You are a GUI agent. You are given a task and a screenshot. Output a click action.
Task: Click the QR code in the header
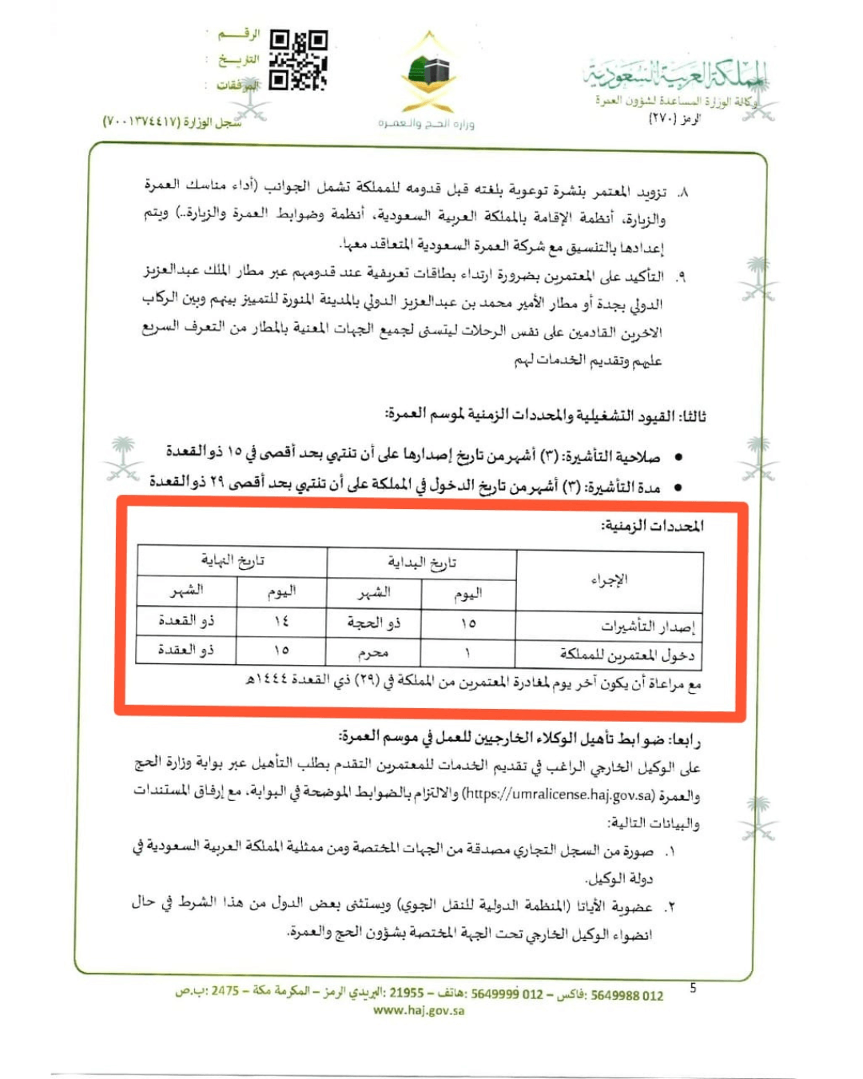click(298, 60)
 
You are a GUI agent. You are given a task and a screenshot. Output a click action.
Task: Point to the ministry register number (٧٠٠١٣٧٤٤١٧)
click(172, 121)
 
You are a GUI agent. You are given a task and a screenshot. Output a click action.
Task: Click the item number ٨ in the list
click(682, 193)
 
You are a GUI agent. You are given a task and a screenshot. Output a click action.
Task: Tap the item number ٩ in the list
click(681, 277)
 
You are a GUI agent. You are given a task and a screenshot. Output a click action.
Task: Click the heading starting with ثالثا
click(546, 416)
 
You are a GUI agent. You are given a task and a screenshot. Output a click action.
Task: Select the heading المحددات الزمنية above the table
click(652, 525)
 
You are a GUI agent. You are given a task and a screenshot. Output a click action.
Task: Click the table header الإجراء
click(609, 579)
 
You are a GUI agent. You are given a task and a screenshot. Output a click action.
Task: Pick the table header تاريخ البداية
click(421, 563)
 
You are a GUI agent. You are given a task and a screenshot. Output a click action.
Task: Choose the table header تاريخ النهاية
click(232, 560)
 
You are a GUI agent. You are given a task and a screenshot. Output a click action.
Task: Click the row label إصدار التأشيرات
click(648, 626)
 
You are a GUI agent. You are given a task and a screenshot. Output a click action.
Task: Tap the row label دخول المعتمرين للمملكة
click(626, 655)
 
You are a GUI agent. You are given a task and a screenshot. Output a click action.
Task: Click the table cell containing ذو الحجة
click(373, 623)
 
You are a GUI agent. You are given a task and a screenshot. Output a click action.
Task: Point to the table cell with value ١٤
click(280, 621)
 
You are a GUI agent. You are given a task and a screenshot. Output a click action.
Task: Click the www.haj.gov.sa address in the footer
click(419, 1010)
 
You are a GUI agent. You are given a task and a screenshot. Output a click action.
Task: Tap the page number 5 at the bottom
click(693, 989)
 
